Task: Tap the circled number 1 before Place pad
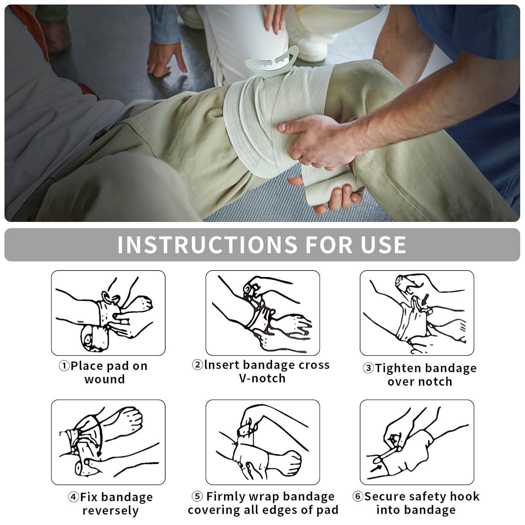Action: pyautogui.click(x=64, y=366)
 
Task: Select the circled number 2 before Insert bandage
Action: pyautogui.click(x=198, y=365)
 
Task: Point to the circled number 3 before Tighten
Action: pyautogui.click(x=368, y=368)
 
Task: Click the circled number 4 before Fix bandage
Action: pyautogui.click(x=73, y=497)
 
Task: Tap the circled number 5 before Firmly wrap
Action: pyautogui.click(x=197, y=496)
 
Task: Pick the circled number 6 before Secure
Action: pyautogui.click(x=358, y=496)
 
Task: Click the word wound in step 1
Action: pyautogui.click(x=105, y=379)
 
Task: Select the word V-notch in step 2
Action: pyautogui.click(x=262, y=378)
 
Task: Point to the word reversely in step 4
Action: pyautogui.click(x=111, y=511)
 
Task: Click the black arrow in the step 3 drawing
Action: pyautogui.click(x=425, y=299)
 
